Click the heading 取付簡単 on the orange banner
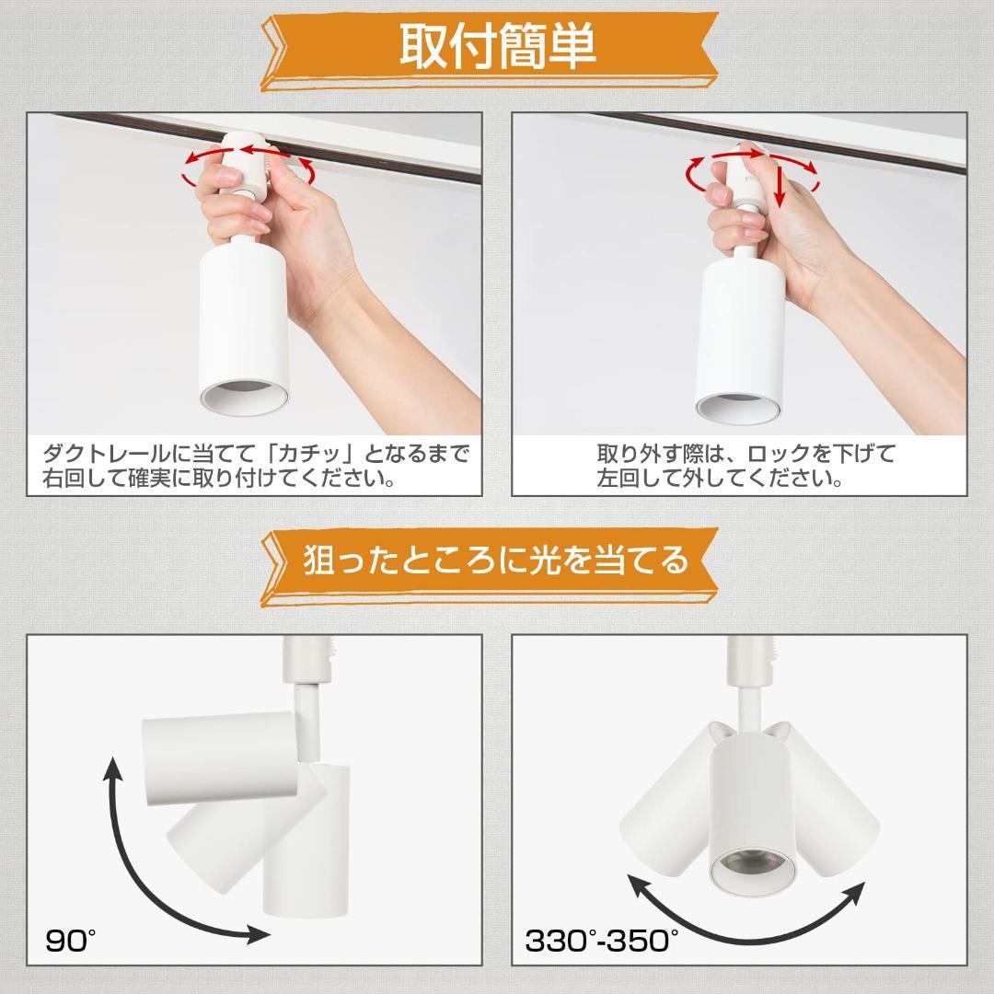coord(497,47)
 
